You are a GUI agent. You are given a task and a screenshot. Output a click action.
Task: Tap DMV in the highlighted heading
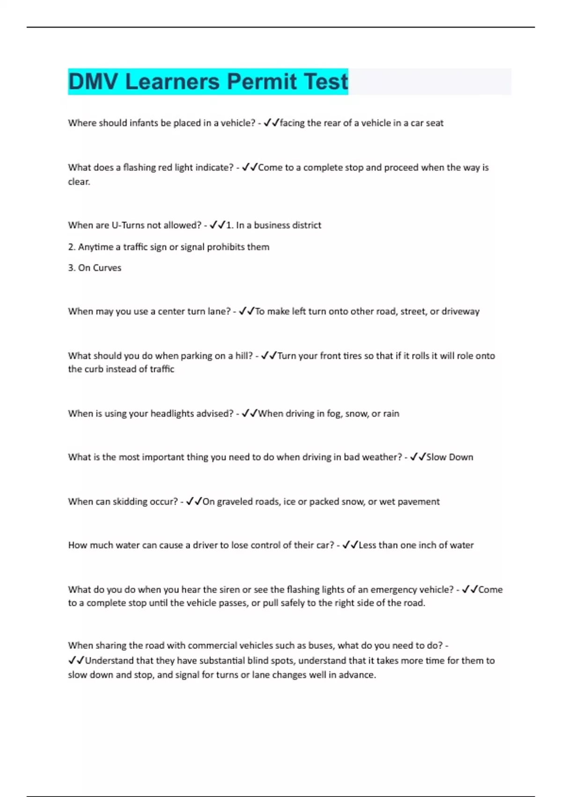coord(93,82)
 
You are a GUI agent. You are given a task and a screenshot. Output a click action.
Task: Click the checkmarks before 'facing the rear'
coord(271,123)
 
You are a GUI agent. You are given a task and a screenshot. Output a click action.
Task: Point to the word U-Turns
coord(128,225)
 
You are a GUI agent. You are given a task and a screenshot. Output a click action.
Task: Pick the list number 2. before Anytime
coord(72,247)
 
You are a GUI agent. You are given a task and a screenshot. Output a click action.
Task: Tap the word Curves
coord(106,268)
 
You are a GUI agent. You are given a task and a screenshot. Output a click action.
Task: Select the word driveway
coord(461,311)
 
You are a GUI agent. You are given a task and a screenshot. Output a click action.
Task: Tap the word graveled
coord(234,502)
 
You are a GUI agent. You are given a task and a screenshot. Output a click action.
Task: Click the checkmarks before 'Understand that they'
coord(76,661)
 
